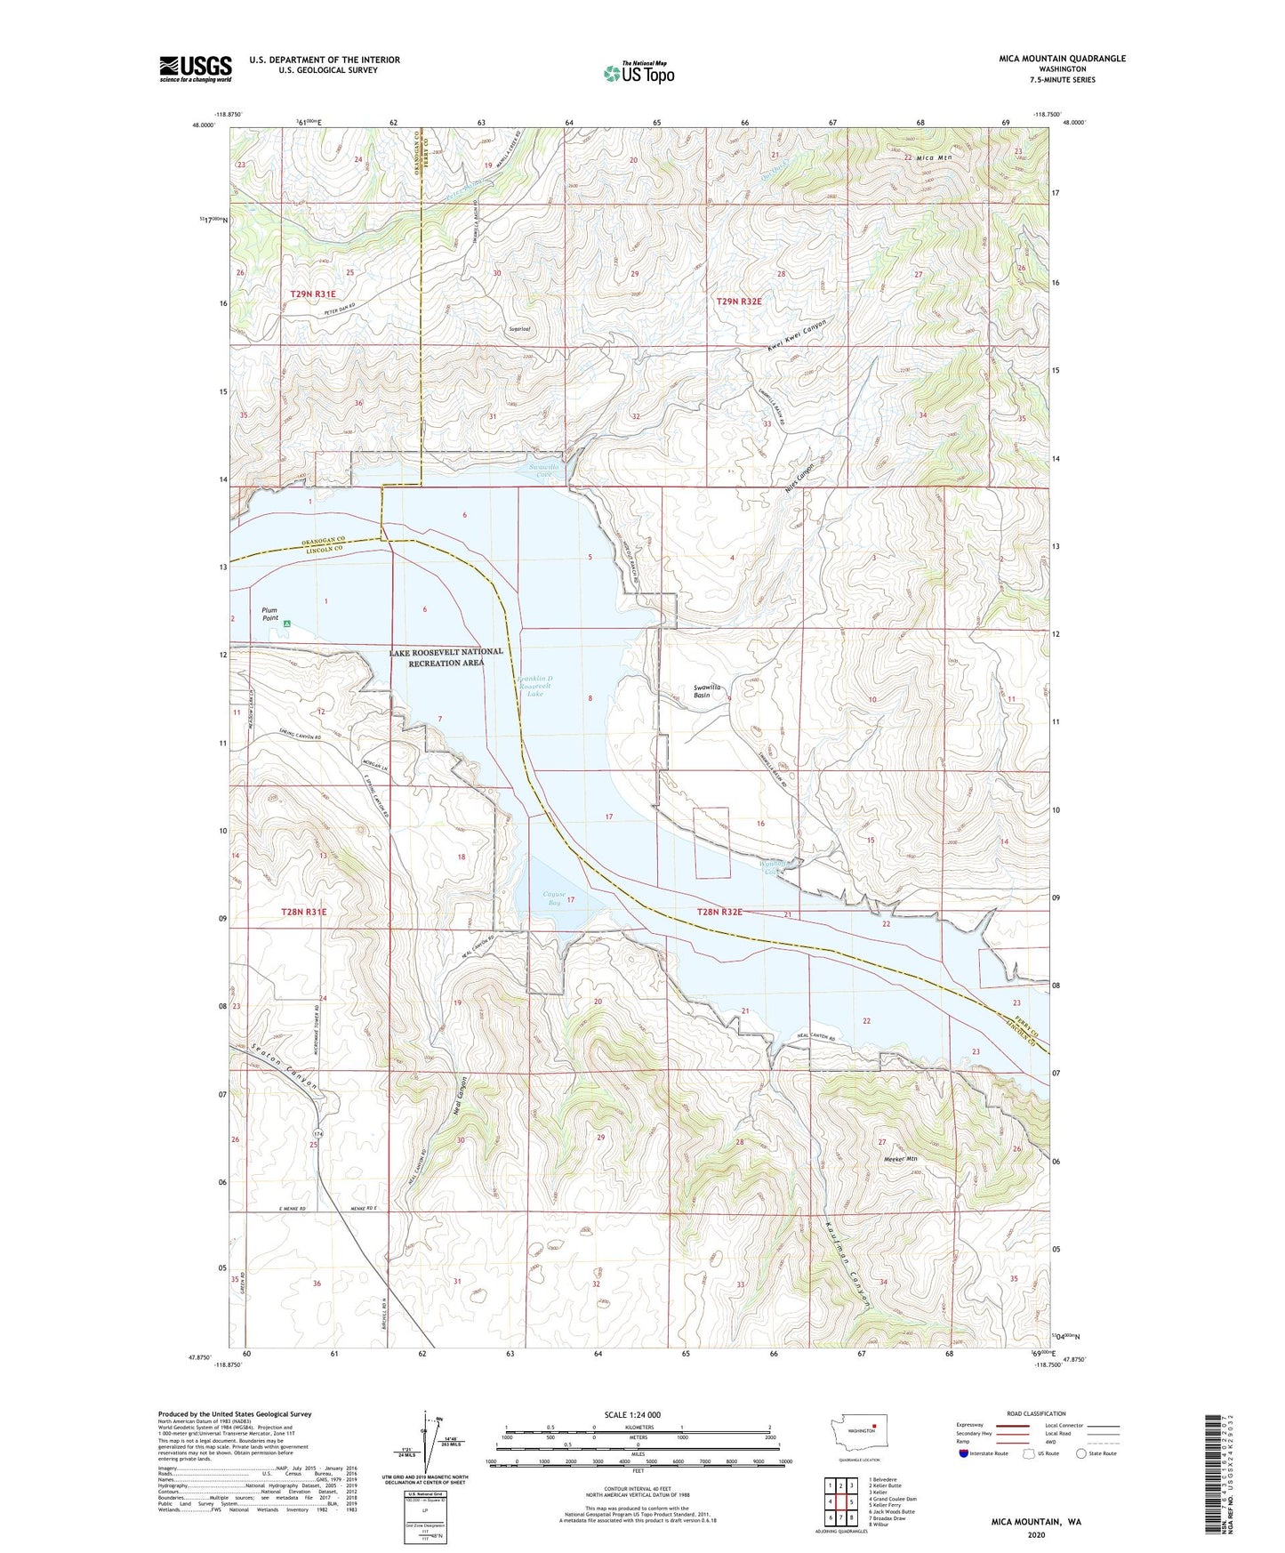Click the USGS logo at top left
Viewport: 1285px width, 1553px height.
195,68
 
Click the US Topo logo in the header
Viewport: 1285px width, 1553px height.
638,73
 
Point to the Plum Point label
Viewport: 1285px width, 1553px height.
270,614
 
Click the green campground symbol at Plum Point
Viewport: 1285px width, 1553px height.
287,624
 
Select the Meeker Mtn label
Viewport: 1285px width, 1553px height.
899,1160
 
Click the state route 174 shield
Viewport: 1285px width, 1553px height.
317,1132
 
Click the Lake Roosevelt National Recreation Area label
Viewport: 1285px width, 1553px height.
446,657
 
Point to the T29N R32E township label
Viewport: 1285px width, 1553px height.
739,302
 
